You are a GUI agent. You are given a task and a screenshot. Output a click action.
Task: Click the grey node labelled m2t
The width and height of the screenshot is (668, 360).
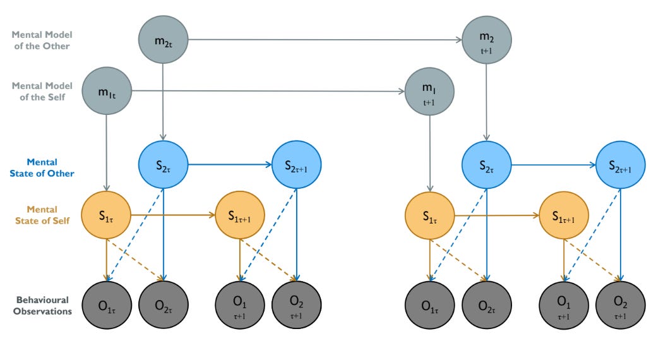pos(163,40)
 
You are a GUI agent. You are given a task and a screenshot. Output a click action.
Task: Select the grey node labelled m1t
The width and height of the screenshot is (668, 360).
pos(107,91)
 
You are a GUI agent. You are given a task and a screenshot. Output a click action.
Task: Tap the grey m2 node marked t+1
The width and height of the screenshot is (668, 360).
pos(487,40)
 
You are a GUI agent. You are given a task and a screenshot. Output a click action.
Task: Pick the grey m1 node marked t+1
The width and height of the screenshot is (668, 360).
pos(429,91)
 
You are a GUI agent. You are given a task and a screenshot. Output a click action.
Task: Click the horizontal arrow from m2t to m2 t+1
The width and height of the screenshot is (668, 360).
pos(325,40)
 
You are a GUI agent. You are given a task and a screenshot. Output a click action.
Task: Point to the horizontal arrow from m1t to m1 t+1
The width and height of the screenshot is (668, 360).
pos(268,91)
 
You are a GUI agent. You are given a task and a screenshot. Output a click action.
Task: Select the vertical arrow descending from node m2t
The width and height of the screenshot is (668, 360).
pos(163,102)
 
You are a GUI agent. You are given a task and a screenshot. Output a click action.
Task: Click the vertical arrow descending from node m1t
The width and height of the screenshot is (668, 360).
pos(107,153)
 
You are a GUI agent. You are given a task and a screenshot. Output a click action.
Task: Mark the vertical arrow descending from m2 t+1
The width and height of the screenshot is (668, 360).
pos(487,102)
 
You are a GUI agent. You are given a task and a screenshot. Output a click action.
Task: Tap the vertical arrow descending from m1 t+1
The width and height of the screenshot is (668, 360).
pos(430,153)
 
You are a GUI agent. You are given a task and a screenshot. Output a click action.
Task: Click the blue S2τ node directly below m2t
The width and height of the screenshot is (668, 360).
pos(163,164)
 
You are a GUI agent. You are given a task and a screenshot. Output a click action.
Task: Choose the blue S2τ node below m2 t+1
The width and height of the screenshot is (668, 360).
pos(487,165)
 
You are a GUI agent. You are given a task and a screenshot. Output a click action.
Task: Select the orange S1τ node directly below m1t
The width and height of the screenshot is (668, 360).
pos(106,215)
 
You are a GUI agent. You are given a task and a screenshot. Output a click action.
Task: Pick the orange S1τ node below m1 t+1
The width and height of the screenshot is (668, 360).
pos(429,215)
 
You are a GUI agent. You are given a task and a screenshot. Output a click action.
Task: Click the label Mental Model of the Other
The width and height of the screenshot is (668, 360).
pos(42,40)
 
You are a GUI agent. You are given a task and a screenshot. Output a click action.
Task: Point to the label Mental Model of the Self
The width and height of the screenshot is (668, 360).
pos(42,92)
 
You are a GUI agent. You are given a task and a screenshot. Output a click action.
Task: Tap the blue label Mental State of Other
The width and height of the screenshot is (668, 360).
pos(42,168)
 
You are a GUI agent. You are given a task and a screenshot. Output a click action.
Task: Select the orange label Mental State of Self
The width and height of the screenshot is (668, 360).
pos(42,215)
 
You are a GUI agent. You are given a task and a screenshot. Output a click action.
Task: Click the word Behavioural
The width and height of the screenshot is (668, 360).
pos(42,300)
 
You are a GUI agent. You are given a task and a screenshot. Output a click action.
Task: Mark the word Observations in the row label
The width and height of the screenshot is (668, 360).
pos(42,311)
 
